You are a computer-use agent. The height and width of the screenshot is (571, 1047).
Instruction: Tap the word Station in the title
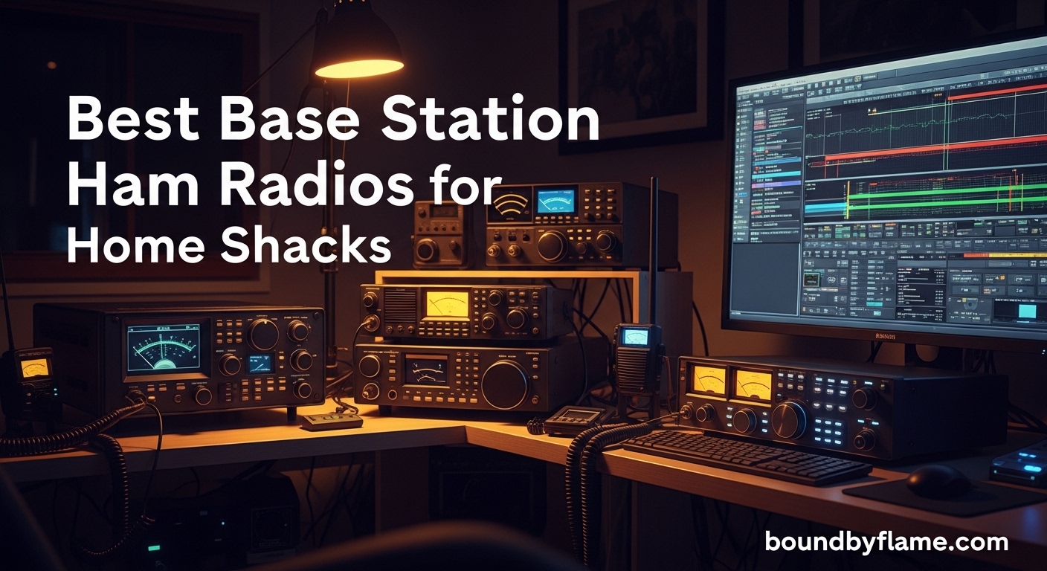pos(491,121)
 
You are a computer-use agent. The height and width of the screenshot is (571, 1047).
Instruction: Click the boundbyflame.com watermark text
pos(886,543)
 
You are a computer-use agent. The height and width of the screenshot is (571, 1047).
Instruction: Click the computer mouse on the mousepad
pos(938,480)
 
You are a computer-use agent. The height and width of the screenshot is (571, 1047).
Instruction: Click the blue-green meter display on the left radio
pos(163,347)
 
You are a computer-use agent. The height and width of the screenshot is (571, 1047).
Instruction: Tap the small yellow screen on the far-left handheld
pos(35,367)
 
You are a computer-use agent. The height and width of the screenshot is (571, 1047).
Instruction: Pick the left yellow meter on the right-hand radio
pos(709,380)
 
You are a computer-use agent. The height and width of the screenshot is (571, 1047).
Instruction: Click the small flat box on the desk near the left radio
pos(332,421)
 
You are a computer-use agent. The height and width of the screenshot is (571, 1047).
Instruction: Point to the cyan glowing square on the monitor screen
pos(1027,311)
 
